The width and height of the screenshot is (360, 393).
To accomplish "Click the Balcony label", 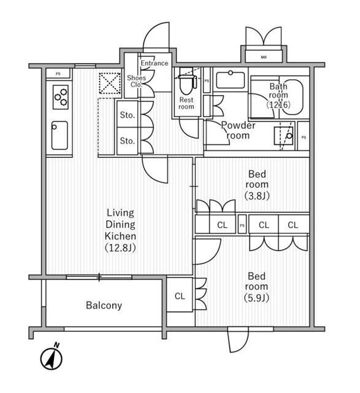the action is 104,305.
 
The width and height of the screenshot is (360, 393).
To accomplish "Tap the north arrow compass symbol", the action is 52,357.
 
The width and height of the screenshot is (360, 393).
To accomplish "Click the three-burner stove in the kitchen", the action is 61,97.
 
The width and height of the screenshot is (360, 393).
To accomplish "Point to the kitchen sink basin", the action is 59,135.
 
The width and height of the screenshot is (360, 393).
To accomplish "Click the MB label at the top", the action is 264,57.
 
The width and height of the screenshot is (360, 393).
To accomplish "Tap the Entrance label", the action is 154,63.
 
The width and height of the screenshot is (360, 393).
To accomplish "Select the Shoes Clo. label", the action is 136,81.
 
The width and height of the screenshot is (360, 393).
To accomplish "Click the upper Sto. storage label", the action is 128,115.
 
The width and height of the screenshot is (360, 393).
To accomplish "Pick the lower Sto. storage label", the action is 128,141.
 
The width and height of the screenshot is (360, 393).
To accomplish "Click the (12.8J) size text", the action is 120,248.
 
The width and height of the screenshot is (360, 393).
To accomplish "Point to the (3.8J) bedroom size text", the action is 257,196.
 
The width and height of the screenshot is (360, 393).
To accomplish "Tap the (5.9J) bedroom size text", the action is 256,298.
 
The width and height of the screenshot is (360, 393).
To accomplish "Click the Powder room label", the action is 239,130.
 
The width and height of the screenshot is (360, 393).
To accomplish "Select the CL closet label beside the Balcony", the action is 180,296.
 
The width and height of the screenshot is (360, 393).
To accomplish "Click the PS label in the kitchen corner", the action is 58,74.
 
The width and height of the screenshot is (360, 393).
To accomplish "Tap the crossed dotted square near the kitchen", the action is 110,83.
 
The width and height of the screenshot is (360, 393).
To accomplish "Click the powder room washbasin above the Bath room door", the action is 231,80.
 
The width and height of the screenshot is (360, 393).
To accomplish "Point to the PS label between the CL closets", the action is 242,225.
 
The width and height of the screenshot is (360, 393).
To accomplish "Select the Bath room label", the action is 278,95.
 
